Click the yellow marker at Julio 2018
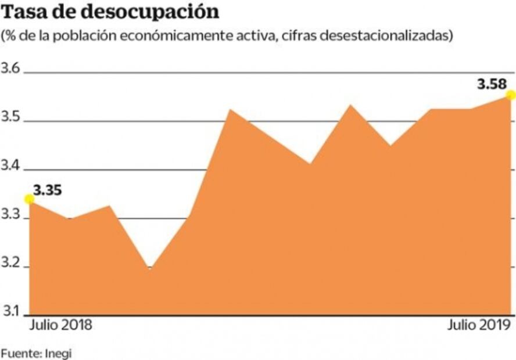29,199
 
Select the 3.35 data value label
48,189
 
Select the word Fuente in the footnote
21,352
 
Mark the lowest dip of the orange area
149,269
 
